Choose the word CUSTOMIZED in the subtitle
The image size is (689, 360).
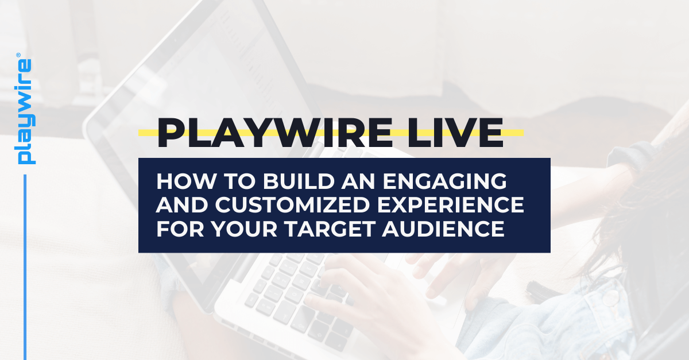(270, 206)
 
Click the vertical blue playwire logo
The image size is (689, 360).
(25, 112)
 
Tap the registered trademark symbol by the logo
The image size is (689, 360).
(18, 56)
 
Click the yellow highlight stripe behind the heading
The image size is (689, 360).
(514, 133)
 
